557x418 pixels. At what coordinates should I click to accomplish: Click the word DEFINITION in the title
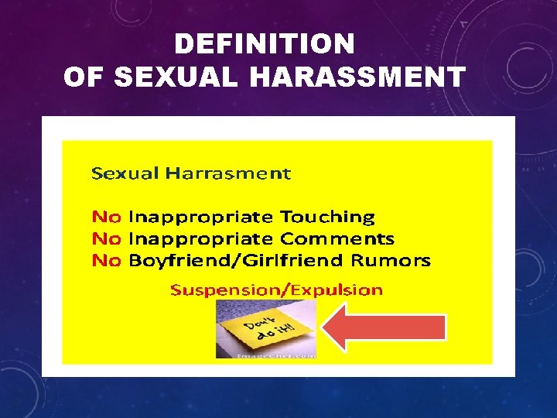click(x=265, y=43)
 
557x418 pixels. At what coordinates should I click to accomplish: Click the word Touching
click(x=327, y=217)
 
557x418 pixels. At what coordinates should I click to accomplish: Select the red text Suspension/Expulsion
click(x=276, y=290)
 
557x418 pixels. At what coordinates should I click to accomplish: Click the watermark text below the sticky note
click(x=265, y=355)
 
